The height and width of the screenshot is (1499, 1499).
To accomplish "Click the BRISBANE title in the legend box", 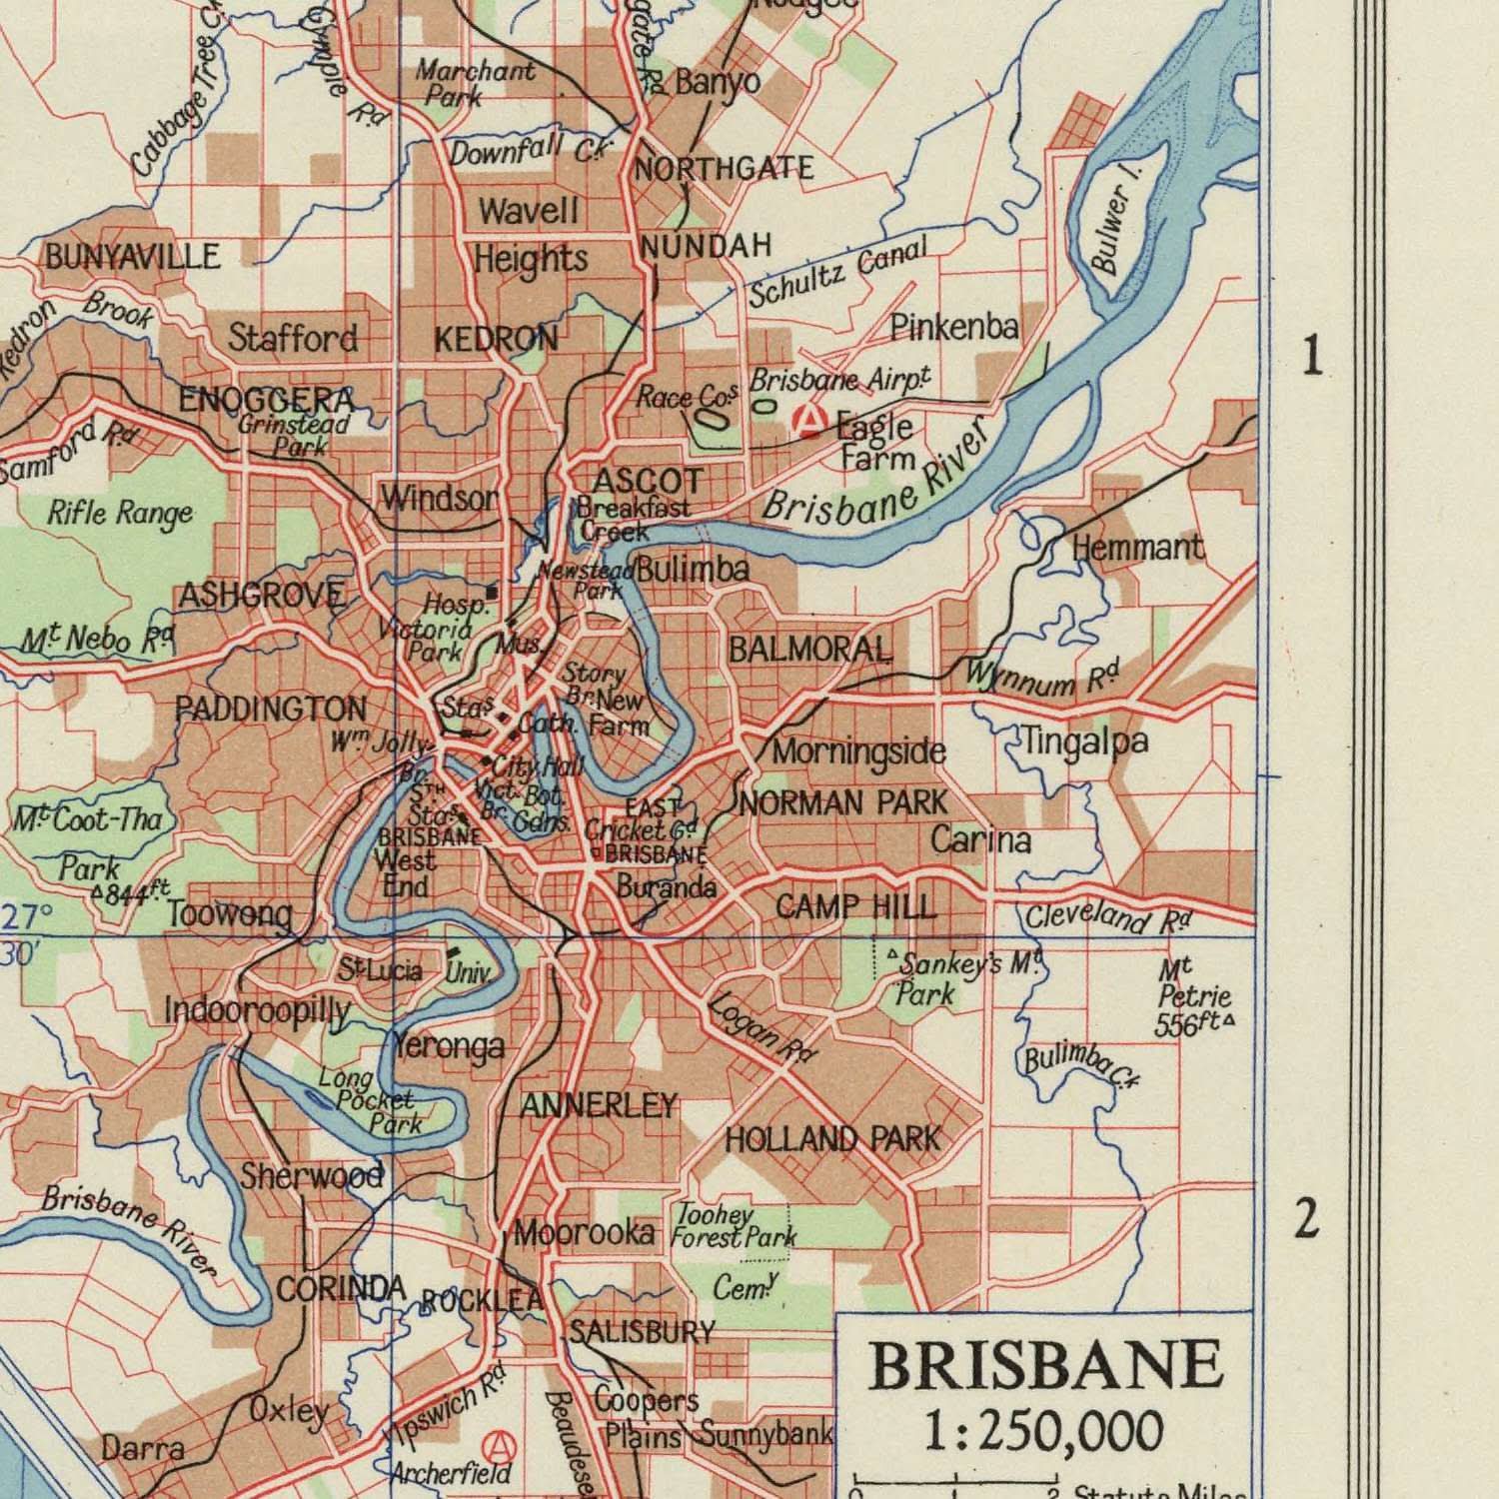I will coord(1045,1365).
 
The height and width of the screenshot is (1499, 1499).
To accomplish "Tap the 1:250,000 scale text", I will coord(1041,1430).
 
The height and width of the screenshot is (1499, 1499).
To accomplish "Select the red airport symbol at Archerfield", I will coord(495,1444).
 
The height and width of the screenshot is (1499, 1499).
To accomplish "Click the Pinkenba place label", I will coord(954,327).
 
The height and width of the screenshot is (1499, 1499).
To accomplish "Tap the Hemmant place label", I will coord(1137,548).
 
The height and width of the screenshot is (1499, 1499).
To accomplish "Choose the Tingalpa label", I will coord(1083,742).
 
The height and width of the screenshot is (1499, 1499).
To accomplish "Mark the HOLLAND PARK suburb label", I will coord(832,1138).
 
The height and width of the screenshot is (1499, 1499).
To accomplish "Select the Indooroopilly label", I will coord(258,1011).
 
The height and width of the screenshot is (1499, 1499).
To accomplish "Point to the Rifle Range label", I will coord(120,514).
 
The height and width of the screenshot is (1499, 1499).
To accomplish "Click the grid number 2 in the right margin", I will coord(1306,1220).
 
